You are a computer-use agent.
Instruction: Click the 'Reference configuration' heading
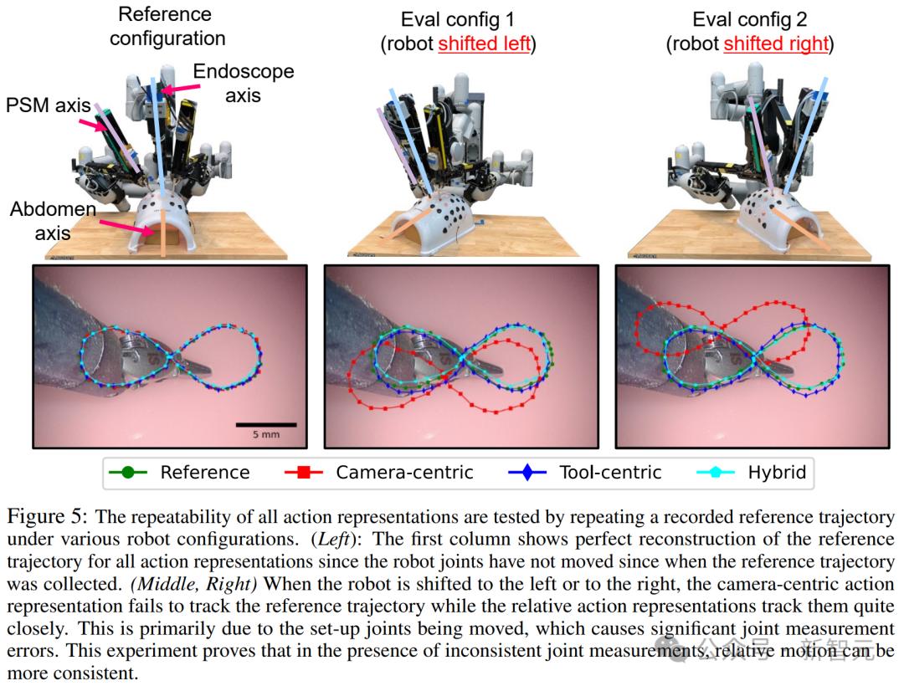click(167, 26)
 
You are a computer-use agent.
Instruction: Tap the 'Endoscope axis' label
click(243, 83)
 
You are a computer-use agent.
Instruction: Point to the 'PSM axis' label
click(49, 106)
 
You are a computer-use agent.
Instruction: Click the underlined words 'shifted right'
click(776, 44)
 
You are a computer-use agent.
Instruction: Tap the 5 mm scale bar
click(265, 424)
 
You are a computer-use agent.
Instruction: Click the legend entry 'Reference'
click(204, 473)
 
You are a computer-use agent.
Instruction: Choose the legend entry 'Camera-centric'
click(404, 473)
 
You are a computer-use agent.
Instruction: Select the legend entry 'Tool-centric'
click(610, 473)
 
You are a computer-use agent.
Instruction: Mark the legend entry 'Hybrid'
click(777, 473)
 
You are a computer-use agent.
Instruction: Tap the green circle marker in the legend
click(127, 473)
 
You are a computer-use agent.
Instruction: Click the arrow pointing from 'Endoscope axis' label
click(176, 87)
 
